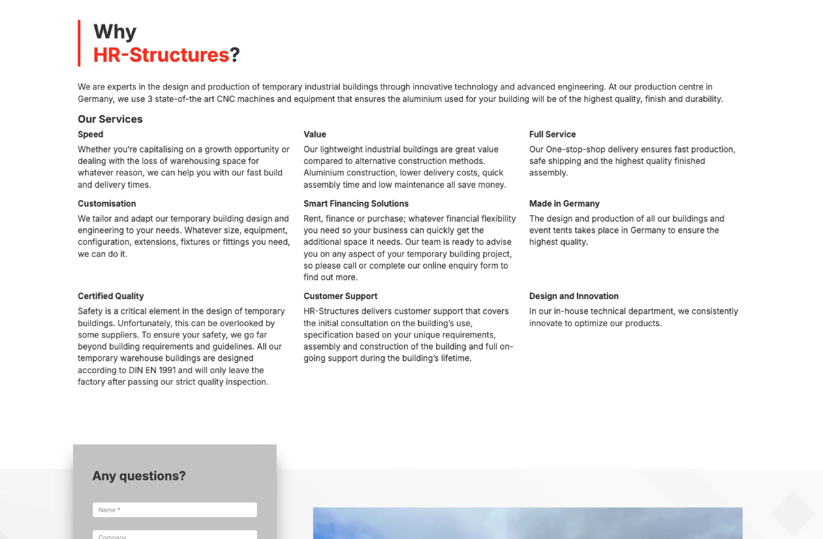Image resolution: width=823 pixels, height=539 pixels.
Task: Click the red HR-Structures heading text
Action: [161, 55]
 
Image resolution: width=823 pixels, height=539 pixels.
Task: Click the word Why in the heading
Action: [115, 32]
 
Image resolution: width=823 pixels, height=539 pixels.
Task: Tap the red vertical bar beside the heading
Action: [79, 43]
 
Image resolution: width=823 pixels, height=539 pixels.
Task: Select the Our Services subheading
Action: [110, 119]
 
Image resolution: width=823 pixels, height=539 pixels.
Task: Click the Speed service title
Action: [90, 134]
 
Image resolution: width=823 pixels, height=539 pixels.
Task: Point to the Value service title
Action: [315, 134]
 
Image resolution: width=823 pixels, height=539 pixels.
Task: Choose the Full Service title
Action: [552, 134]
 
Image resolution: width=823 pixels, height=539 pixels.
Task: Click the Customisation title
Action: [106, 204]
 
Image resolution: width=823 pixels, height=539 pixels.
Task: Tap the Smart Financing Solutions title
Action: [356, 204]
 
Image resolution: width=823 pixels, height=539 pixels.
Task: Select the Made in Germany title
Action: [564, 204]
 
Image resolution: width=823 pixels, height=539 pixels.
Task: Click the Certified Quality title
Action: [111, 296]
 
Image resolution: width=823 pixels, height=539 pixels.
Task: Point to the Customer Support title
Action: [340, 296]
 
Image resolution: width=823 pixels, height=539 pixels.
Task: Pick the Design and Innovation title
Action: [574, 296]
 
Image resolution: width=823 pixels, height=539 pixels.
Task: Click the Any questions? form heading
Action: [139, 476]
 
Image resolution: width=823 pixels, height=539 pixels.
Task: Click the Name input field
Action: [175, 510]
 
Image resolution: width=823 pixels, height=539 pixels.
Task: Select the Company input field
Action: [175, 535]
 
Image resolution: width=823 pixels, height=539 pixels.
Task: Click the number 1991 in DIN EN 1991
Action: [167, 370]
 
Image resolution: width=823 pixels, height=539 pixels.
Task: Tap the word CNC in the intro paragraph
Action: [225, 99]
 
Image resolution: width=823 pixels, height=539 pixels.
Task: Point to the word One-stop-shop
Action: [575, 150]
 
